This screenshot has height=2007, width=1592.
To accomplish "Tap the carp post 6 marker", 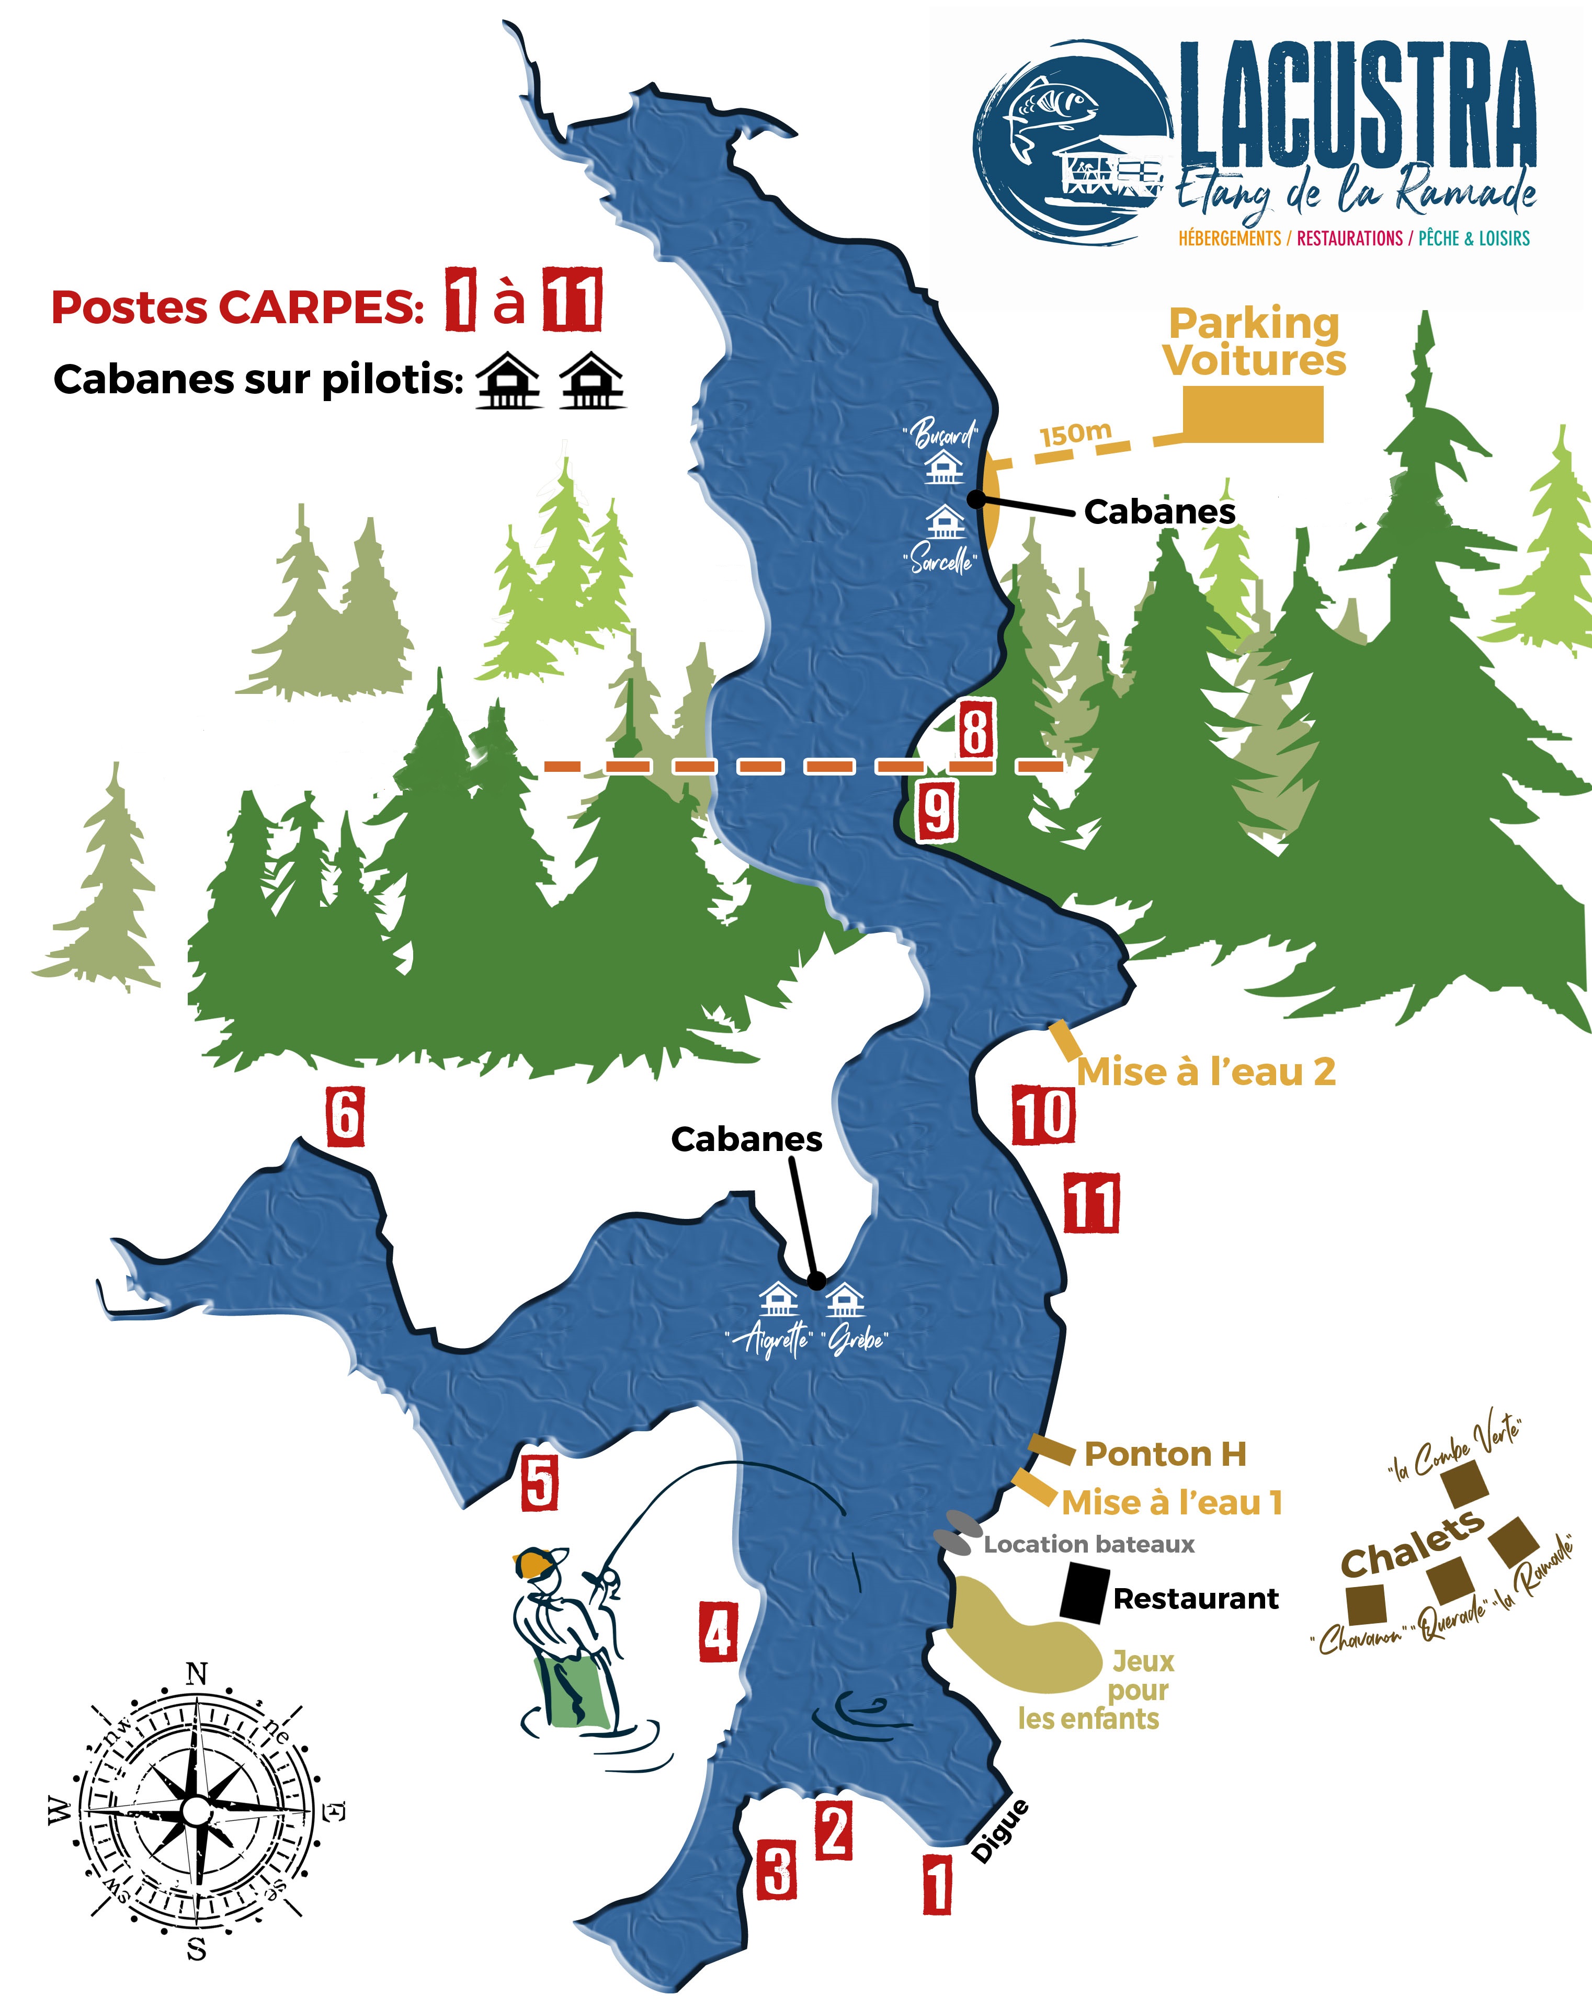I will tap(345, 1115).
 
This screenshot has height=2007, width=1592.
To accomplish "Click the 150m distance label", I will tap(1075, 434).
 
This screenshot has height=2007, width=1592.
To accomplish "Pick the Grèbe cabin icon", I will tap(845, 1299).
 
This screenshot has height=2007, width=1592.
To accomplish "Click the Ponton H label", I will tap(1165, 1454).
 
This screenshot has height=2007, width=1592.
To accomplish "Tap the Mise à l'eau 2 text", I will tap(1206, 1073).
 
